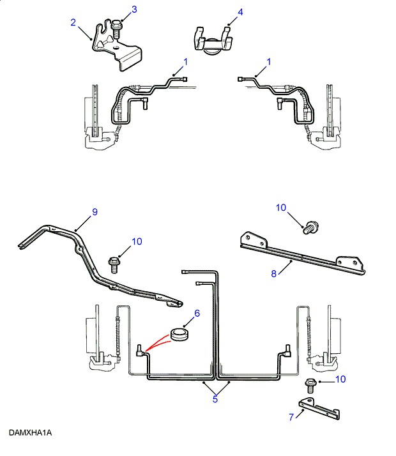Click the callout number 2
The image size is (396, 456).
[x=73, y=24]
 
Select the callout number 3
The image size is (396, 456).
[x=134, y=9]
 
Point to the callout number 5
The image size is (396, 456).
[x=215, y=400]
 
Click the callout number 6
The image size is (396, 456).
[x=197, y=313]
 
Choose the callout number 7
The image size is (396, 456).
[x=291, y=417]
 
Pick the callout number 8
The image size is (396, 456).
[x=274, y=273]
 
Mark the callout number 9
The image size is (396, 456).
[x=95, y=212]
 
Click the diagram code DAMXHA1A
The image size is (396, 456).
[x=30, y=433]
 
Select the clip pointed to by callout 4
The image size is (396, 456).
[x=212, y=40]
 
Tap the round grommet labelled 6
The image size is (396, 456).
[x=179, y=336]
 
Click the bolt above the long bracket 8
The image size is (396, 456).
[x=312, y=227]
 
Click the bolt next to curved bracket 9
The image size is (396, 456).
[x=116, y=262]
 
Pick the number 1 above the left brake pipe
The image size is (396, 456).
[x=186, y=61]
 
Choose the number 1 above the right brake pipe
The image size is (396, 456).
[x=269, y=61]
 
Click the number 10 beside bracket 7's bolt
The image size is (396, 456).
[x=340, y=379]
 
